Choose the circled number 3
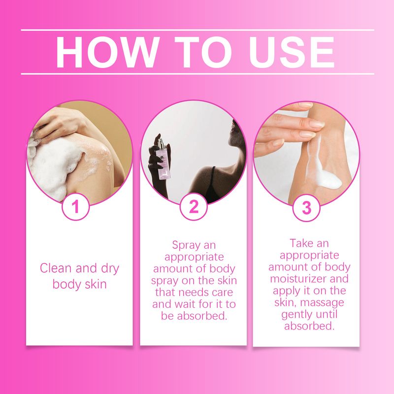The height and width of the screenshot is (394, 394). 306,208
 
